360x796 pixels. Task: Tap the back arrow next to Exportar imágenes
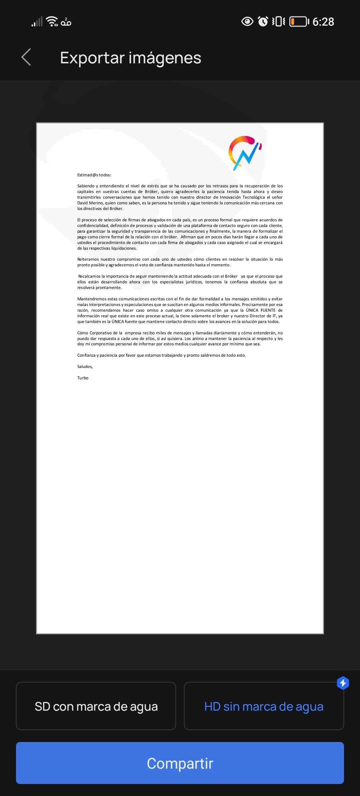click(26, 57)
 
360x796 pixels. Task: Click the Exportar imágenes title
click(130, 58)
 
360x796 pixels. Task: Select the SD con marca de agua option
click(96, 706)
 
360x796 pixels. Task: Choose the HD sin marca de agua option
click(264, 706)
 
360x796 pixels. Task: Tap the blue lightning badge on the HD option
click(343, 683)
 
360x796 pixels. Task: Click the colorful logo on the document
click(245, 153)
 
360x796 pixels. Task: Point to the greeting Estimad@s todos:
click(94, 175)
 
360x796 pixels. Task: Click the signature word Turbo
click(83, 378)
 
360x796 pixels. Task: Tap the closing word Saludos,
click(85, 367)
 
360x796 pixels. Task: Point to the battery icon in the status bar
click(299, 22)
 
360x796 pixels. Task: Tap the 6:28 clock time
click(323, 22)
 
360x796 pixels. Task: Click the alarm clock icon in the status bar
click(263, 22)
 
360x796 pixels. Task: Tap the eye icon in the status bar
click(247, 22)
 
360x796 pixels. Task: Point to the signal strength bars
click(37, 22)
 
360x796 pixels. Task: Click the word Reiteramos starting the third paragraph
click(88, 259)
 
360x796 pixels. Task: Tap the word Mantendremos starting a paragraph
click(92, 299)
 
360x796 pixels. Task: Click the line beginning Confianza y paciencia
click(161, 355)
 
